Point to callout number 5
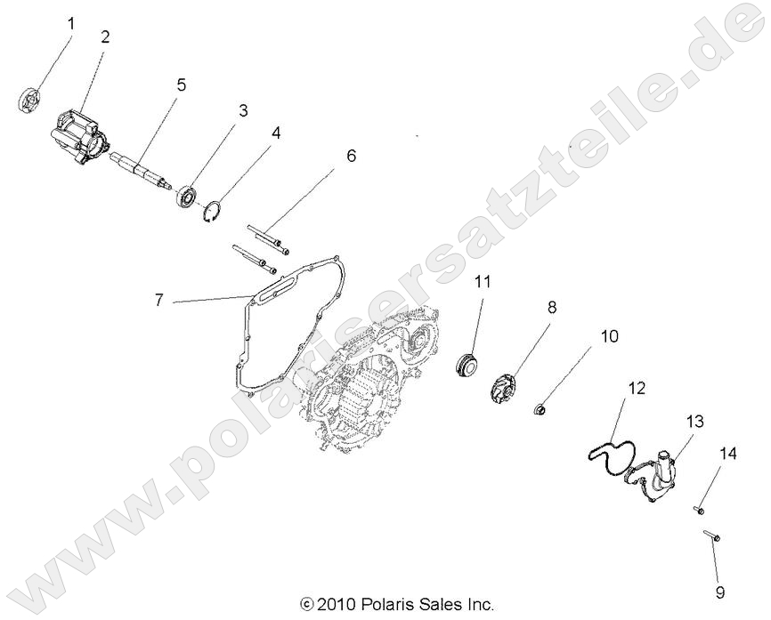point(181,86)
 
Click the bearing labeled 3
point(188,193)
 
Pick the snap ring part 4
point(211,214)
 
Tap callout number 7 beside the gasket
point(159,301)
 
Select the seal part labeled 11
point(466,366)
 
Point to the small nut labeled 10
point(541,410)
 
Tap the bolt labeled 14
point(697,510)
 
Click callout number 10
point(608,336)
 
